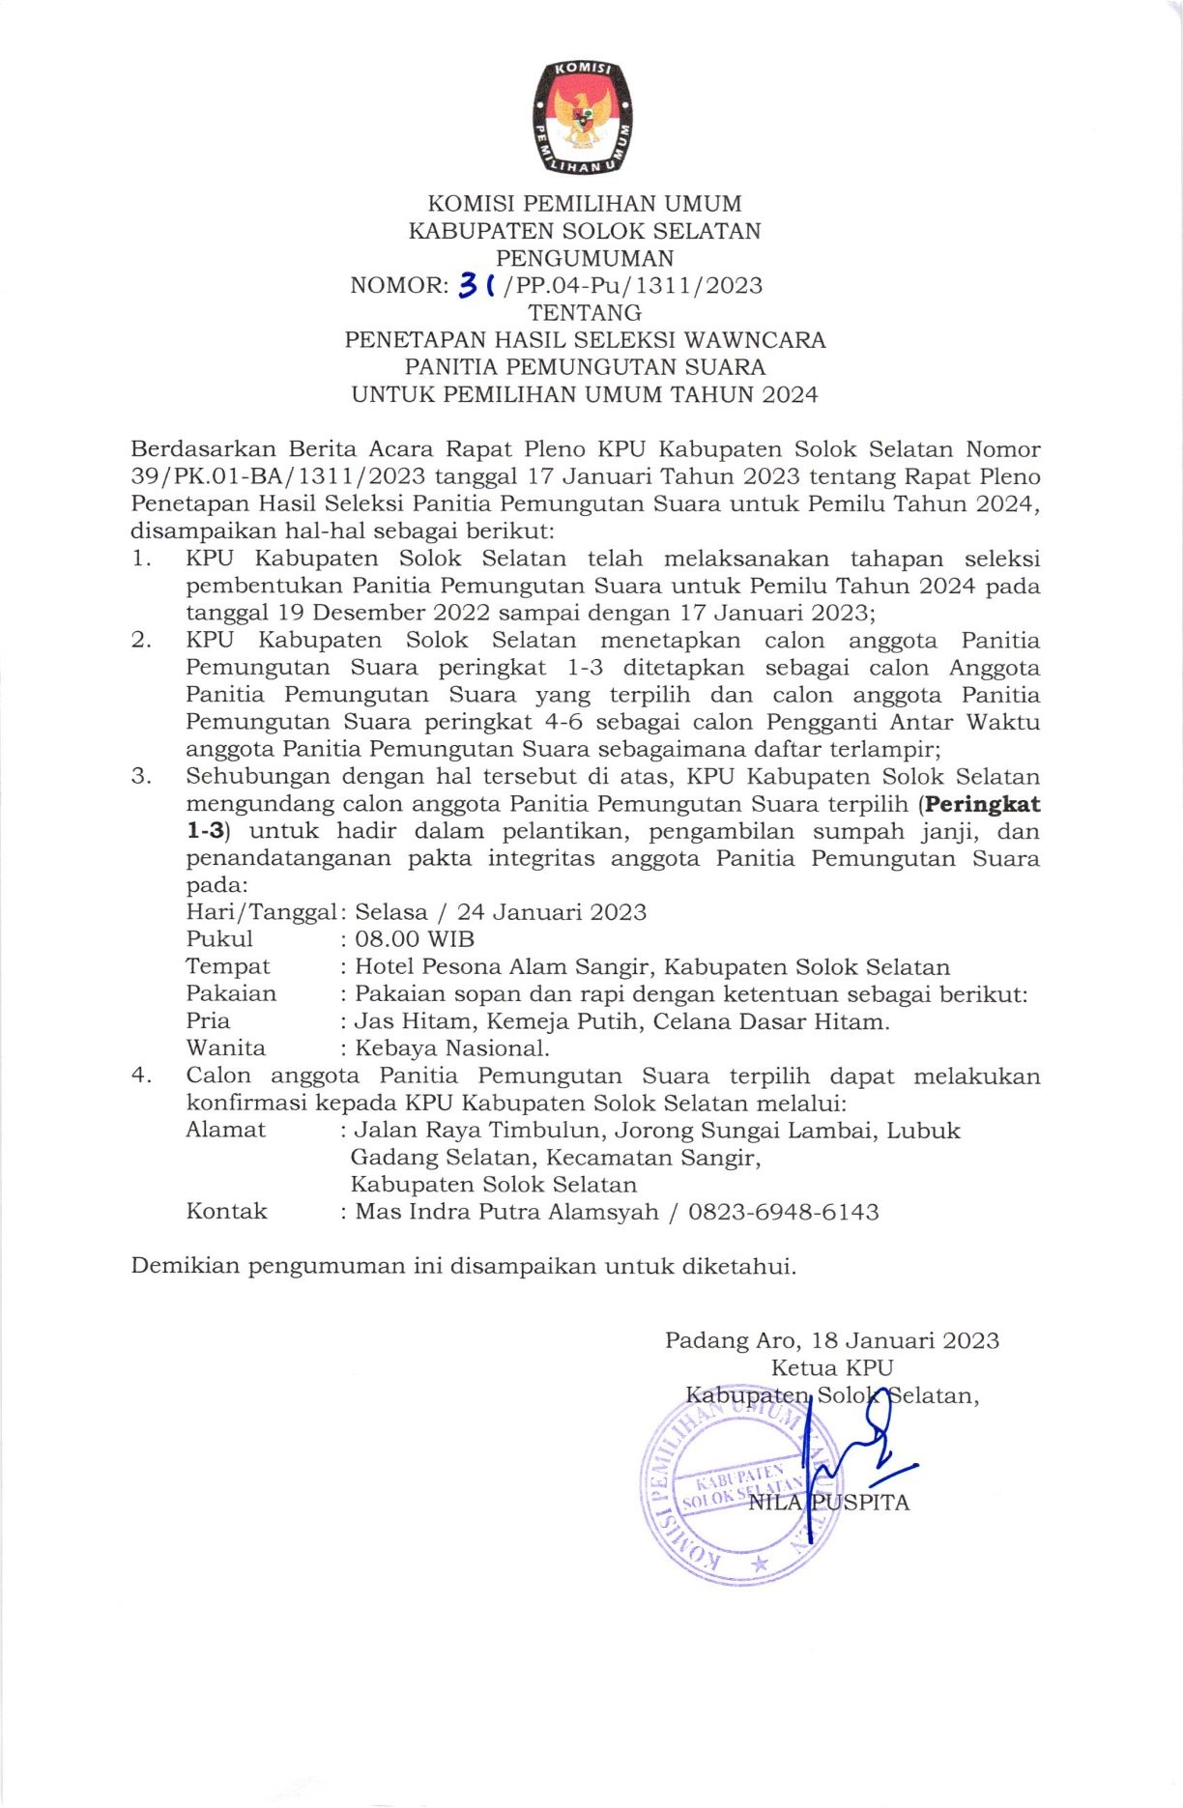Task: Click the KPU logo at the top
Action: coord(584,118)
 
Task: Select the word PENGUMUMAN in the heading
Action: coord(585,258)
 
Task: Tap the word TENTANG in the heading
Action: coord(585,313)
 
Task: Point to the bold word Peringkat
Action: coord(983,804)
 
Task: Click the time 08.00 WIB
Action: coord(415,939)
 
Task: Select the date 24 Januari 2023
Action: coord(551,912)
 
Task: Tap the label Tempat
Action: coord(228,966)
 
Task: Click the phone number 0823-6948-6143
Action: coord(783,1212)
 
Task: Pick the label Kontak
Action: coord(226,1212)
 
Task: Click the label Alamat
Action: coord(225,1130)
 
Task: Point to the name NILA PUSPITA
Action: coord(829,1502)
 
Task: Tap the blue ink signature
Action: coord(851,1449)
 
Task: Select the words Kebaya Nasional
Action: coord(451,1048)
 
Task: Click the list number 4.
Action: coord(141,1076)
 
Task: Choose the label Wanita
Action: coord(225,1048)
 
